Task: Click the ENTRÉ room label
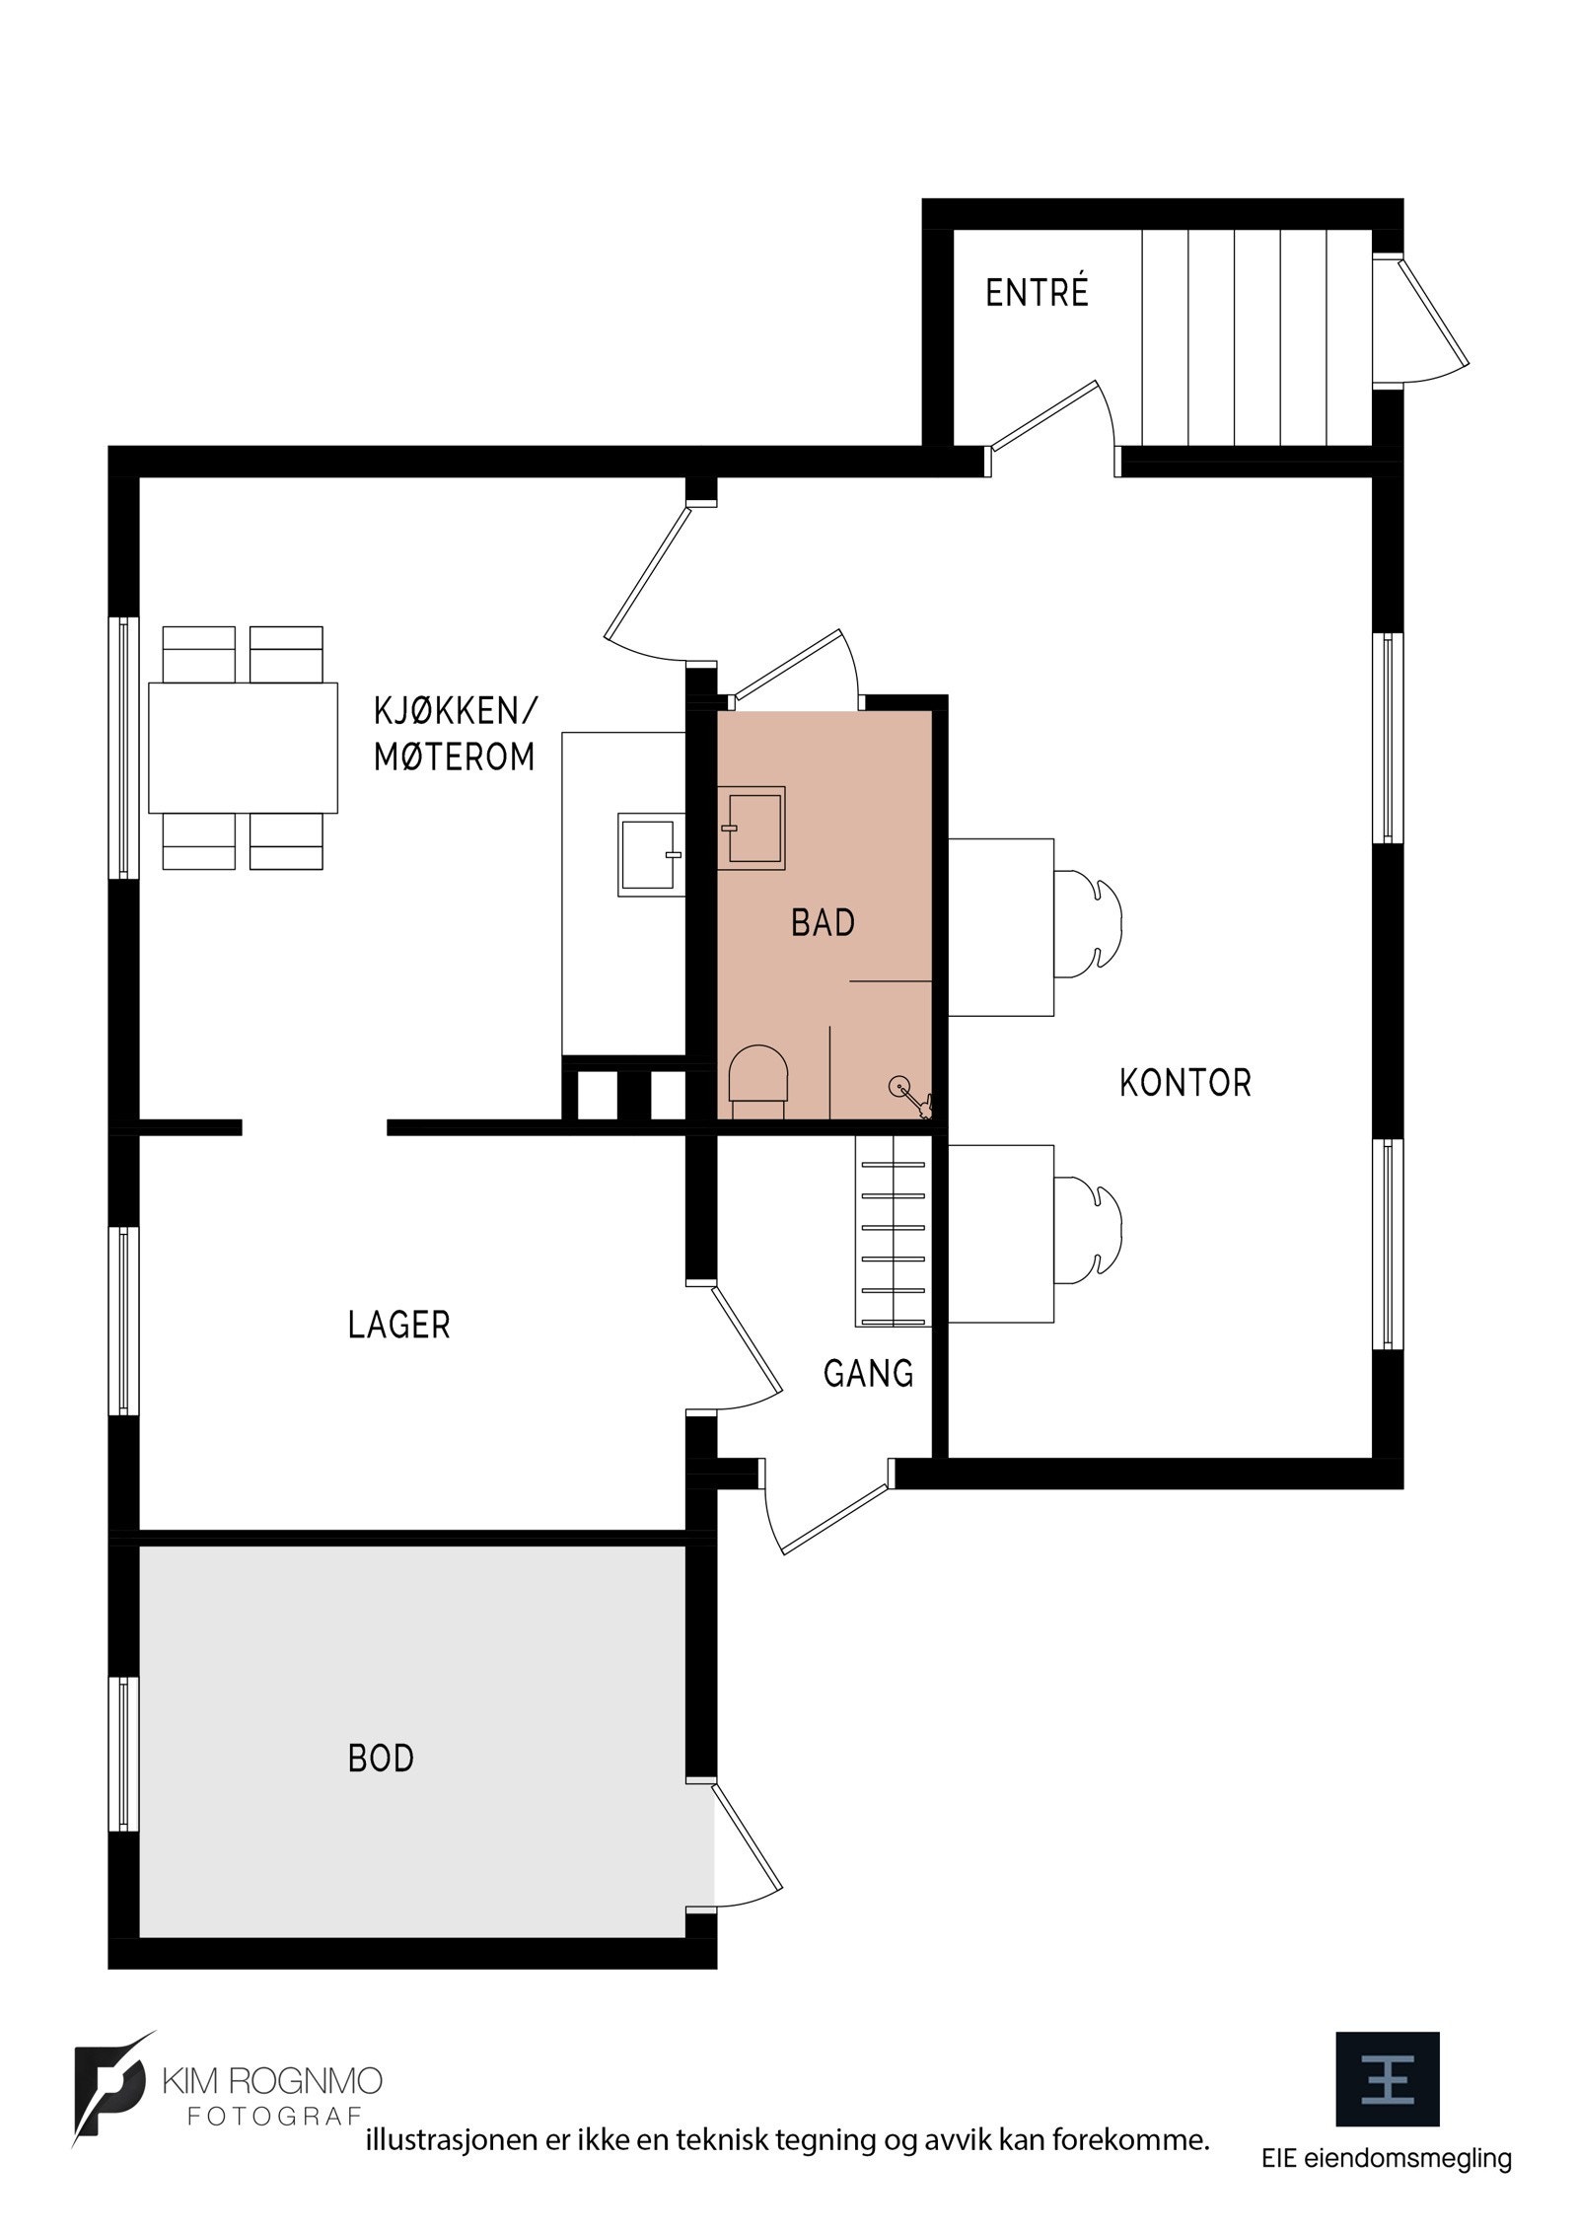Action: click(1037, 293)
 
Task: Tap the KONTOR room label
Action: click(1184, 1083)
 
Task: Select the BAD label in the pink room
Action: click(823, 923)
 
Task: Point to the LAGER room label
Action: click(398, 1325)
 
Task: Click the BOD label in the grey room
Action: click(381, 1758)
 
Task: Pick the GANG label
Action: click(868, 1373)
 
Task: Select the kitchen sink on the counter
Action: click(649, 854)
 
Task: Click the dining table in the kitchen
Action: click(243, 747)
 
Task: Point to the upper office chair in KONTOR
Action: click(1090, 922)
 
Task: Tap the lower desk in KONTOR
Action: click(1001, 1233)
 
